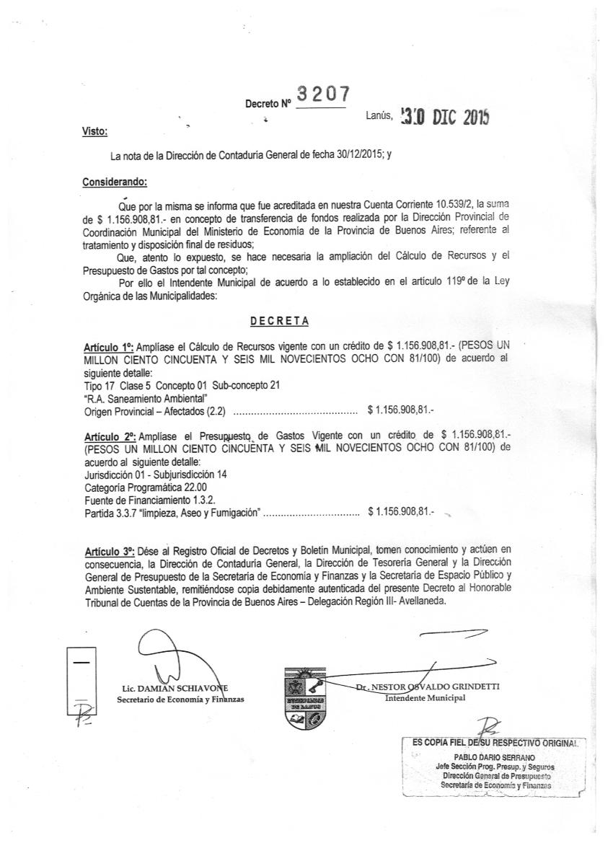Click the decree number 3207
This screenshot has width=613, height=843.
pos(323,94)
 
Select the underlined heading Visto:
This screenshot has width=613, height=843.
pos(95,131)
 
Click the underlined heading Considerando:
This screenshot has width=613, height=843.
pos(115,182)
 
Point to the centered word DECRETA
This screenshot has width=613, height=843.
pos(280,319)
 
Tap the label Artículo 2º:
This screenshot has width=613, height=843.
pos(110,436)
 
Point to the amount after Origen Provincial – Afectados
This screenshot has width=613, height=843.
pos(400,410)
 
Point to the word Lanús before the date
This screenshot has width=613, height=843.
pos(378,114)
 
